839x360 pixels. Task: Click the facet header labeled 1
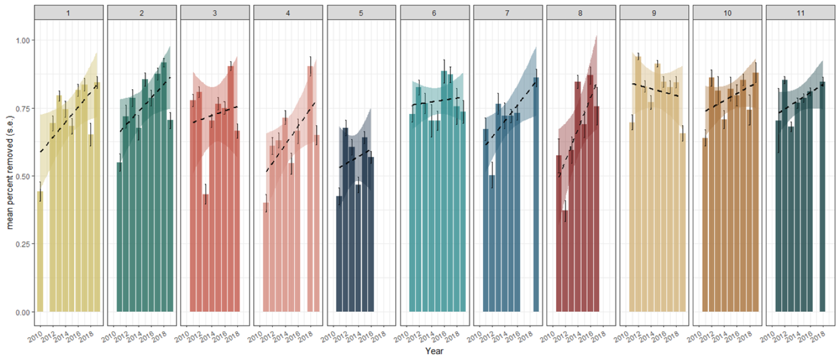(x=69, y=12)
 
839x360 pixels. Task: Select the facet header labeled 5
(x=362, y=12)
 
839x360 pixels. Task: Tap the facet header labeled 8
(x=582, y=12)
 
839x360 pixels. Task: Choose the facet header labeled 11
(x=801, y=12)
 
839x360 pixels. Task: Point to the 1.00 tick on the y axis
(x=21, y=40)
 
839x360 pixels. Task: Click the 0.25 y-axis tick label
(x=21, y=244)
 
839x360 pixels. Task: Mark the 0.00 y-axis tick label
(x=21, y=312)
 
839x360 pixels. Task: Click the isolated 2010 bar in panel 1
(x=40, y=251)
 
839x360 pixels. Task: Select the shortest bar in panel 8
(x=565, y=261)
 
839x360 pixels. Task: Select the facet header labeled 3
(x=216, y=12)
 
